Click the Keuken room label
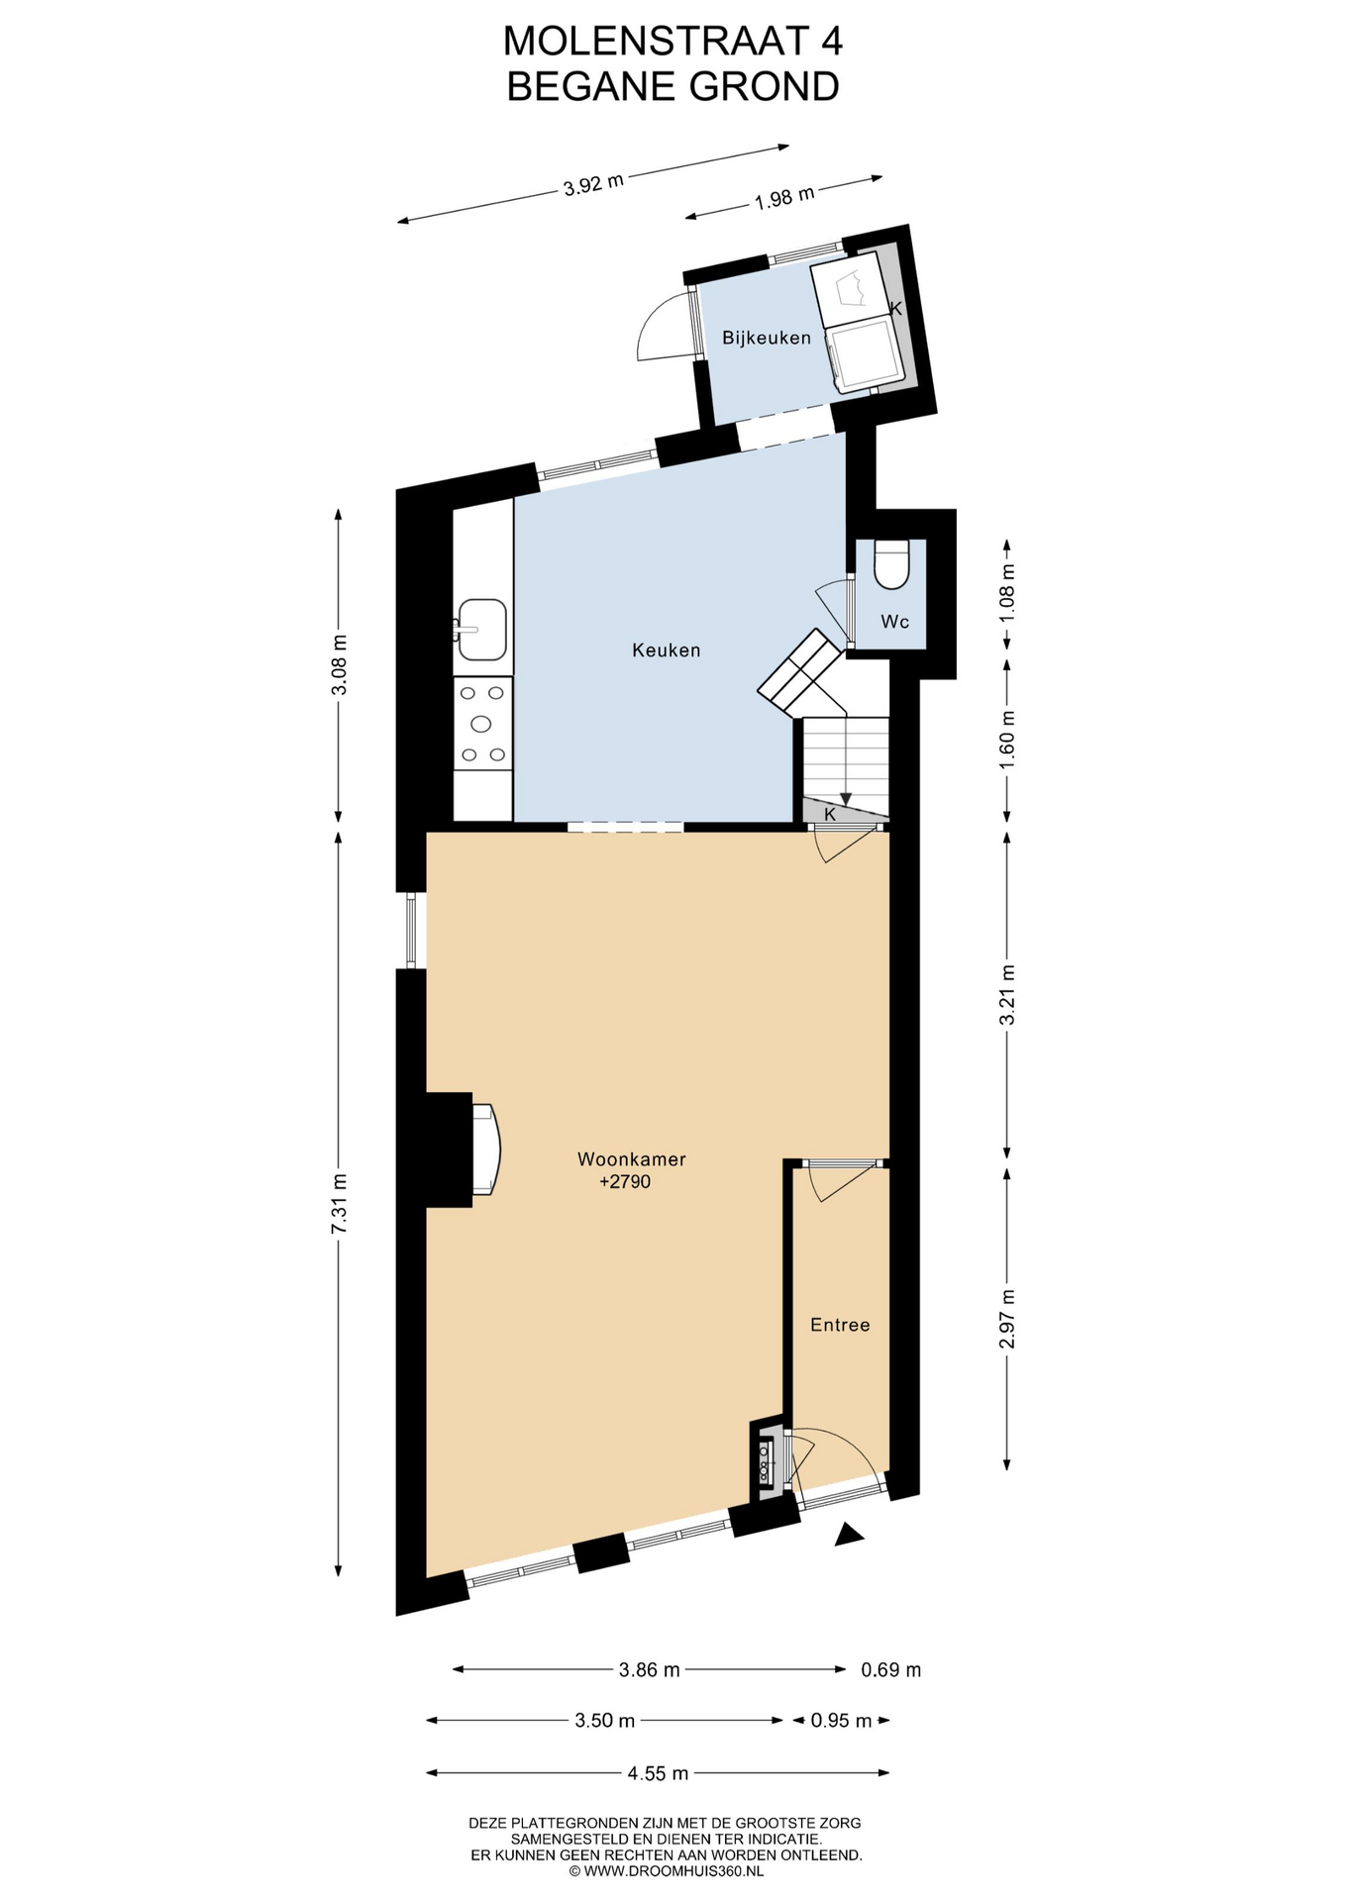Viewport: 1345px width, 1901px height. coord(667,650)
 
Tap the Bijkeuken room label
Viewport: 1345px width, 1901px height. coord(767,338)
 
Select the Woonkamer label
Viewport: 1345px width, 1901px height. coord(632,1159)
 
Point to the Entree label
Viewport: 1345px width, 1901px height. coord(840,1325)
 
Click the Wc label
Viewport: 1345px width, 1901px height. coord(895,622)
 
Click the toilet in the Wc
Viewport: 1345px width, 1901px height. coord(892,564)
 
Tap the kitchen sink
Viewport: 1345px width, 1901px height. coord(480,630)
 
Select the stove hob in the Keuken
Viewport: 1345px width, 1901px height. coord(482,724)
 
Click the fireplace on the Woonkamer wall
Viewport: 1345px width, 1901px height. coord(486,1150)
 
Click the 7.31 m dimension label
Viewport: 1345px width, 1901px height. coord(339,1203)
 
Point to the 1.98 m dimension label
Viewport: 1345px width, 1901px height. coord(784,198)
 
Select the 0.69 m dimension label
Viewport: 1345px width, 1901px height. coord(891,1670)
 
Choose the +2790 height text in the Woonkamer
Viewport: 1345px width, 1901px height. coord(625,1181)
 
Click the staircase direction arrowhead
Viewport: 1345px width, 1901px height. coord(846,798)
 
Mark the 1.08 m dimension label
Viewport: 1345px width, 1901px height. coord(1007,591)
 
